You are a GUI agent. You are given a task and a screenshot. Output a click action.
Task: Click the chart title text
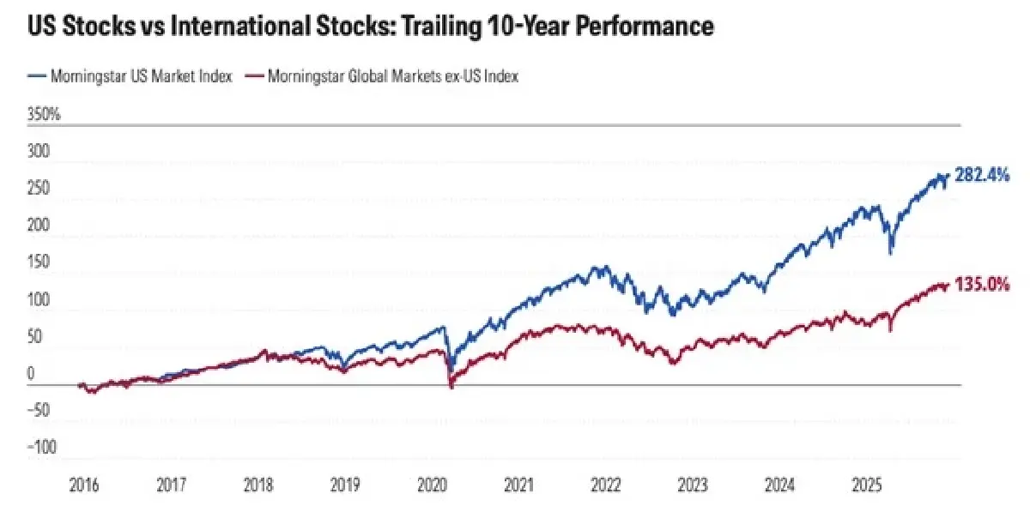pos(370,27)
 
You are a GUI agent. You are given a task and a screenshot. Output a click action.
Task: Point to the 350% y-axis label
pos(44,115)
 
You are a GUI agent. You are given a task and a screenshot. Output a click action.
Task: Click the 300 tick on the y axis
pos(39,152)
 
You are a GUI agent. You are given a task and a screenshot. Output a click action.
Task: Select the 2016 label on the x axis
pos(84,485)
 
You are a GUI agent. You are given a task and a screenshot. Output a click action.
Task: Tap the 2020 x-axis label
pos(431,485)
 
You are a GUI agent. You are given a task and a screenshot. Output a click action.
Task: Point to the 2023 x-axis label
pos(692,485)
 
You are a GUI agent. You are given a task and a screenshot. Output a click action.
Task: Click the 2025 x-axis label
pos(866,485)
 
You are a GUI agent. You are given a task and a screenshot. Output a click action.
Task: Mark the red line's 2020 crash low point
pos(451,388)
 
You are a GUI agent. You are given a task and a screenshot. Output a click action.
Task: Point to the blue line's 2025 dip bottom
pos(891,253)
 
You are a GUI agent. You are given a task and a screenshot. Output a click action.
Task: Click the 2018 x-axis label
pos(257,485)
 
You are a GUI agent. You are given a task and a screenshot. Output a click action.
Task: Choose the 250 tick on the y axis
pos(39,189)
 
